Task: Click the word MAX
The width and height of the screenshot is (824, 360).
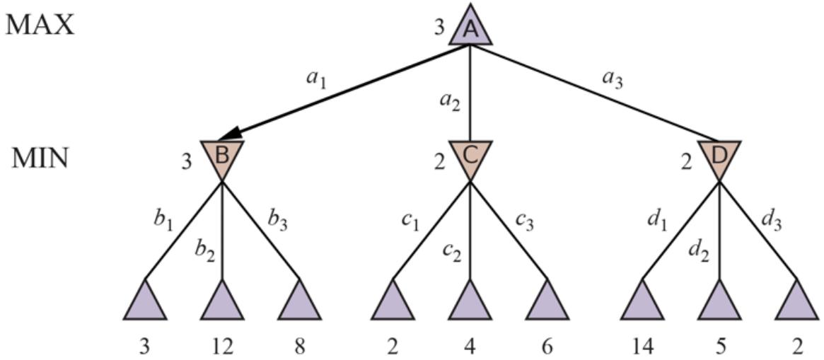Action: coord(40,25)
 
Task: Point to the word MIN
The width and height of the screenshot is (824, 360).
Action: coord(40,158)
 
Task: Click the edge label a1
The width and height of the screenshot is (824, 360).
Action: coord(315,78)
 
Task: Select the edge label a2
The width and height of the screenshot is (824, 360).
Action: coord(450,103)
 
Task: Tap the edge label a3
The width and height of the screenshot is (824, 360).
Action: coord(612,78)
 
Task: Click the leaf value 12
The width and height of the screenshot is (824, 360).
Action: coord(222,347)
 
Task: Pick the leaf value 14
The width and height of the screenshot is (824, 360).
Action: coord(642,347)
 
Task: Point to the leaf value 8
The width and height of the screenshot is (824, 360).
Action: coord(300,347)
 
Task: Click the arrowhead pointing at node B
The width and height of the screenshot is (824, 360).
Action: coord(228,135)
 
